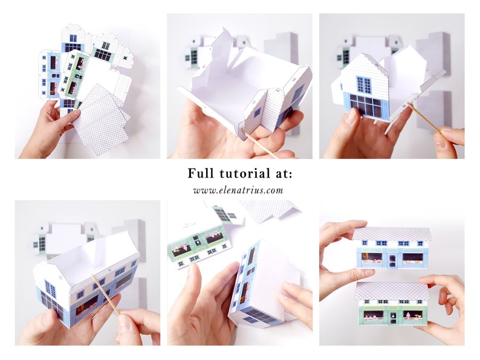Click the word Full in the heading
[201, 174]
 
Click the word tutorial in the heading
[240, 174]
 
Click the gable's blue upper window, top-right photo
[363, 84]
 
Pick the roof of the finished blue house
[392, 233]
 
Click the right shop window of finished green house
[413, 315]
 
